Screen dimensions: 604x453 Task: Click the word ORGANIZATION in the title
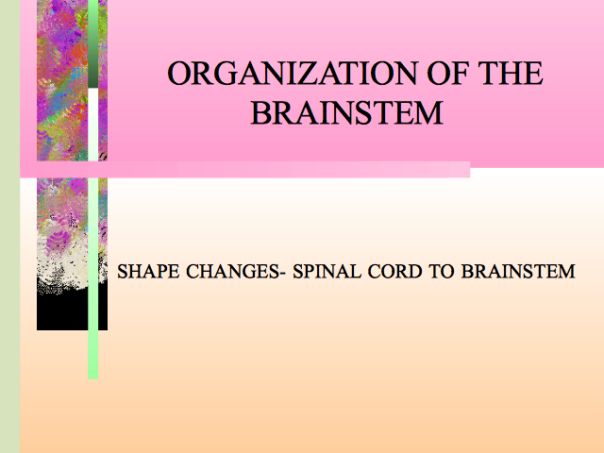pos(293,74)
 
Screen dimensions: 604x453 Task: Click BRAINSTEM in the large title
pos(347,113)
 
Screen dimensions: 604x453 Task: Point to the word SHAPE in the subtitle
pos(148,272)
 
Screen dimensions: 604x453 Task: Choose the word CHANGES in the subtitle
pos(233,272)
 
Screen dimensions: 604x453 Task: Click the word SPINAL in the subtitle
pos(327,272)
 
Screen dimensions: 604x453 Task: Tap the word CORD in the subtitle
pos(394,272)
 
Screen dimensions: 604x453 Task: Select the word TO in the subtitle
pos(442,272)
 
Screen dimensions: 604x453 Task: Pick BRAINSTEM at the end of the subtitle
pos(518,272)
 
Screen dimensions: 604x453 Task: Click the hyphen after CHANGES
pos(283,274)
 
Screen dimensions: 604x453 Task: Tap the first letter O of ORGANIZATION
pos(179,74)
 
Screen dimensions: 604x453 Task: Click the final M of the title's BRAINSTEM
pos(429,113)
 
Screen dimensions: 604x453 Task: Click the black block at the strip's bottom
pos(72,310)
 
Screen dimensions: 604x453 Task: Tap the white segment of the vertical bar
pos(92,125)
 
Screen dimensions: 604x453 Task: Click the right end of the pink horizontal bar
pos(470,170)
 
